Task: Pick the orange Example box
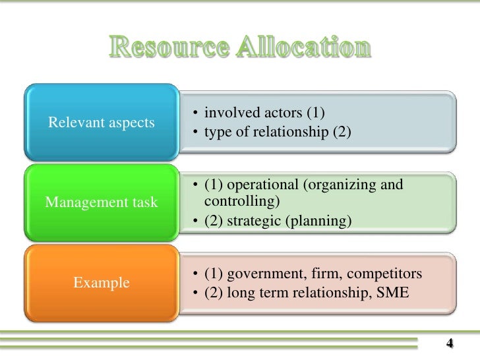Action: [x=101, y=283]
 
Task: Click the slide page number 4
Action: [x=450, y=343]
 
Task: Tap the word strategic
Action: [x=255, y=221]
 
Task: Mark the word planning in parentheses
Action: [x=320, y=221]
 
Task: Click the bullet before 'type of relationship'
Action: [x=196, y=131]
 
